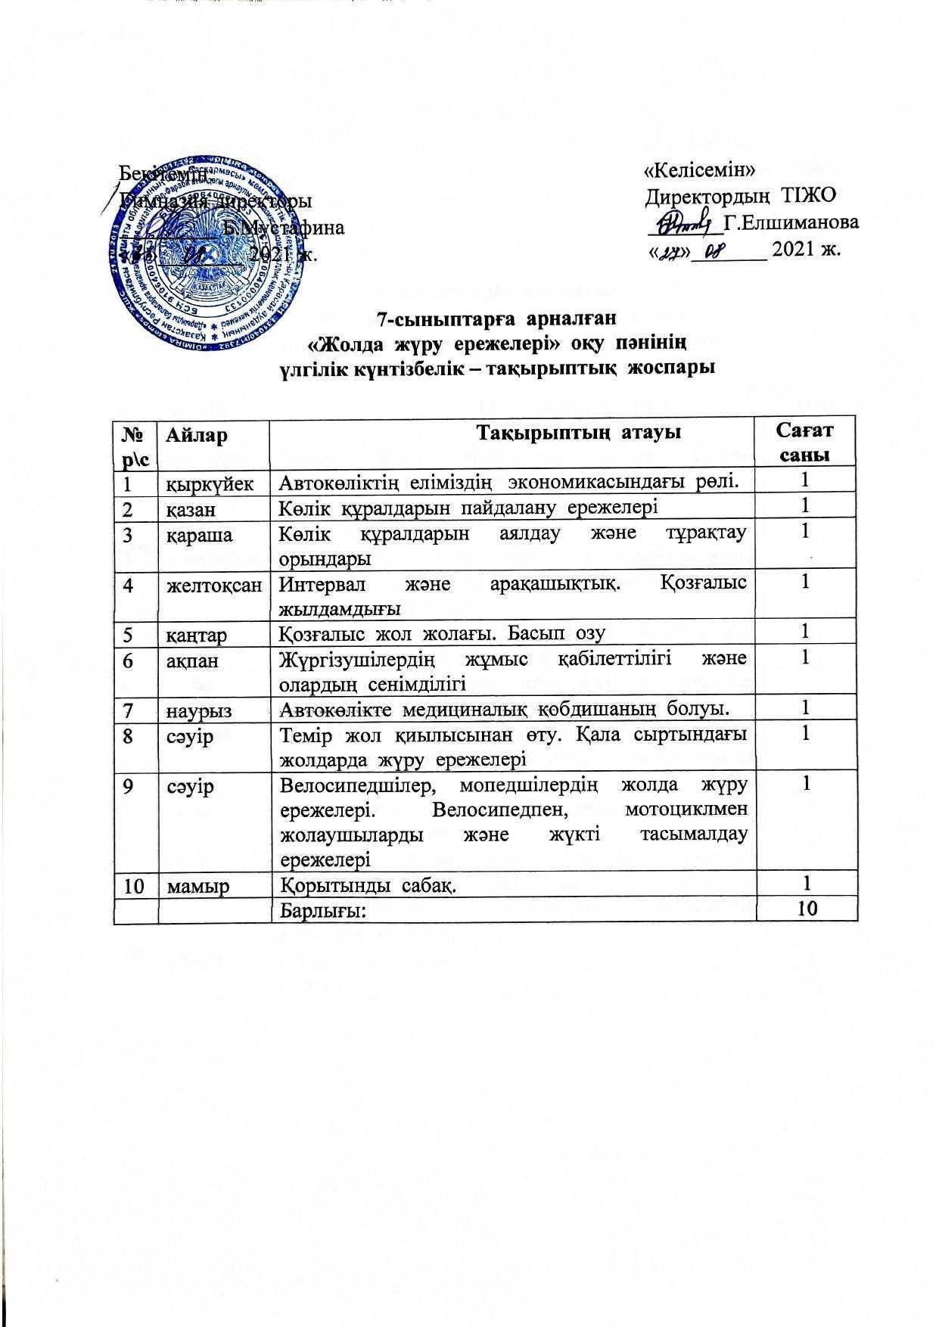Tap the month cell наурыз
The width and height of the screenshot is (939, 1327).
(199, 710)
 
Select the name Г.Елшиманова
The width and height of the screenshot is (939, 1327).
(791, 222)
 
